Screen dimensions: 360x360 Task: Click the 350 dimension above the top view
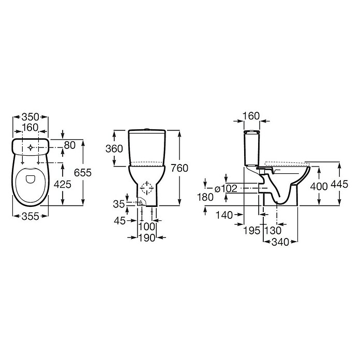(x=31, y=117)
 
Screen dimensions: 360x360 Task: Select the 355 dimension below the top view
(x=31, y=216)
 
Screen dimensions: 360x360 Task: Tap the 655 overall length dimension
(x=83, y=173)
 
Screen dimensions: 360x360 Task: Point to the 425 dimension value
(x=63, y=184)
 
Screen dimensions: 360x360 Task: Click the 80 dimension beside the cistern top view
(x=70, y=145)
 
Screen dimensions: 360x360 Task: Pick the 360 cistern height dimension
(x=114, y=149)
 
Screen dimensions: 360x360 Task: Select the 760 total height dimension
(x=179, y=168)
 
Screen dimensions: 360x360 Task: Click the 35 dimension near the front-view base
(x=118, y=204)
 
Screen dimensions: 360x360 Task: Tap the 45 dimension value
(x=120, y=221)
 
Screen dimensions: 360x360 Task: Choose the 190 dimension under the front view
(x=147, y=238)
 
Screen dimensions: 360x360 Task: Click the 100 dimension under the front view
(x=147, y=227)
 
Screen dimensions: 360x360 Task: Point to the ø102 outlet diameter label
(x=226, y=189)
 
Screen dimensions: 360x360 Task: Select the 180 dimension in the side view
(x=205, y=197)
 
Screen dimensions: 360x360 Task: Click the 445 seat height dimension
(x=339, y=184)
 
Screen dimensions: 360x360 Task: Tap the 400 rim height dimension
(x=319, y=186)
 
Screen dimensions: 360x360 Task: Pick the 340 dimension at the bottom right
(x=280, y=242)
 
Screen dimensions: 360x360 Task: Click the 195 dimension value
(x=251, y=231)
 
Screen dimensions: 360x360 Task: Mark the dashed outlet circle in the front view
(x=147, y=188)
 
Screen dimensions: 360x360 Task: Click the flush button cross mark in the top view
(x=31, y=147)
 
